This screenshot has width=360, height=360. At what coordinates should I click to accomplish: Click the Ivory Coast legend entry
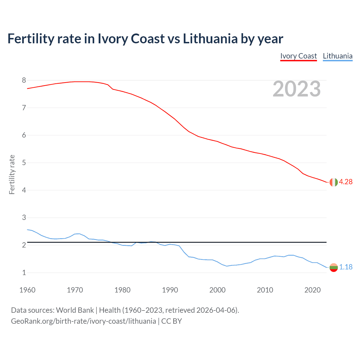298,56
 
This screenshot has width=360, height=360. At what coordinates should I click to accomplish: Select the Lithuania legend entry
337,56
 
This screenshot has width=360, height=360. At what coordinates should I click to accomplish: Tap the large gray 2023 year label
297,89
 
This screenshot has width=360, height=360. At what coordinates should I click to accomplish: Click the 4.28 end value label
346,182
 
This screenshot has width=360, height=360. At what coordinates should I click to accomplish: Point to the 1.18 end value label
346,267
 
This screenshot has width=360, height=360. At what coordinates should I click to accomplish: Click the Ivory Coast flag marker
334,182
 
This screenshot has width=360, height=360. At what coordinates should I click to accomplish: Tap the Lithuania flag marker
334,267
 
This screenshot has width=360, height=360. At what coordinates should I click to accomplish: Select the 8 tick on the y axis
24,80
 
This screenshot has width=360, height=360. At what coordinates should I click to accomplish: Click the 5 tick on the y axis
24,163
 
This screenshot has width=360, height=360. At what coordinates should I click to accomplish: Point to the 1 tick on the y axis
24,273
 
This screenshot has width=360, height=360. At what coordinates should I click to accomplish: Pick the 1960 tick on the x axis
27,290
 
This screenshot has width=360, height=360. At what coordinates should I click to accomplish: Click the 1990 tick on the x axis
170,290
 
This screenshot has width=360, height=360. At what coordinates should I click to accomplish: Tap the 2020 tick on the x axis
312,290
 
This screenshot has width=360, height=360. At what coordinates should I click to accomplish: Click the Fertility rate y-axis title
12,174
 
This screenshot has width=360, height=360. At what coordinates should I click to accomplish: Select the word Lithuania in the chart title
210,39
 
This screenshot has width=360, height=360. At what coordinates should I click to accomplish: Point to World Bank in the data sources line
75,310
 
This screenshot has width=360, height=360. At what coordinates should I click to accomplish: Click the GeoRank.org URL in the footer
83,321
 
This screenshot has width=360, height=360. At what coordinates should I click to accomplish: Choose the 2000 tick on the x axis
217,290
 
